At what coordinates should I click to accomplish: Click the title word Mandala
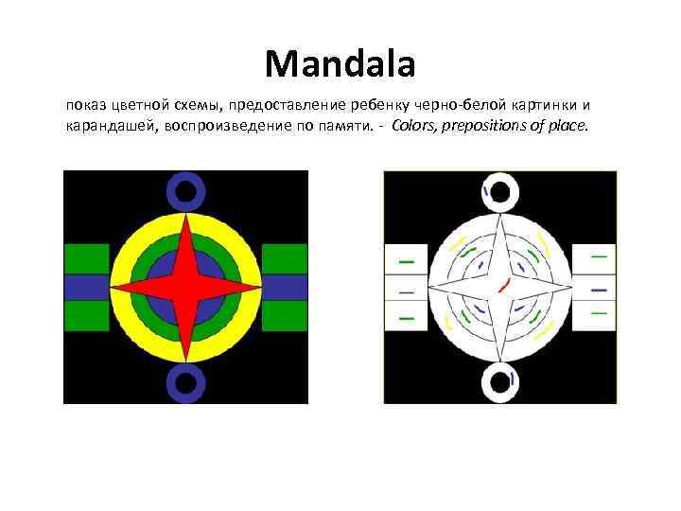(340, 64)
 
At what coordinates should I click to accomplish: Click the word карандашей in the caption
(107, 126)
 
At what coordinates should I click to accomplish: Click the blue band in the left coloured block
(86, 287)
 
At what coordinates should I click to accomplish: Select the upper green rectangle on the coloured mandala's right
(284, 258)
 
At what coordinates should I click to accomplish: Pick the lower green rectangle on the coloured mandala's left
(86, 315)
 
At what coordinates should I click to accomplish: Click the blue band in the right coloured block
(284, 287)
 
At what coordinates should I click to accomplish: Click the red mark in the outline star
(502, 284)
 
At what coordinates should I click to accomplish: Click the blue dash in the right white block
(598, 289)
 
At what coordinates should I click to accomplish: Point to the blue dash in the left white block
(406, 289)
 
